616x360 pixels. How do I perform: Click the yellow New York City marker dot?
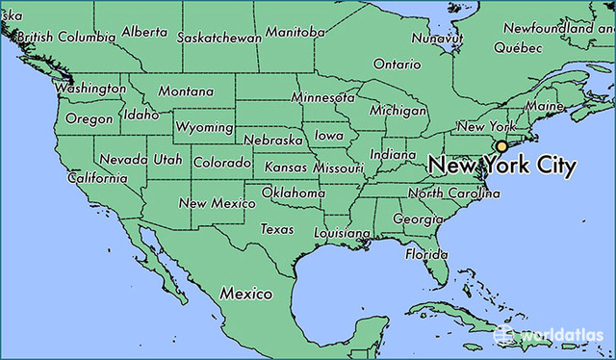click(500, 146)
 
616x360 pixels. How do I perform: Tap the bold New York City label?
click(501, 166)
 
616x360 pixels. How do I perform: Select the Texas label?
click(277, 229)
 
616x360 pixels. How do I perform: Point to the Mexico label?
click(245, 293)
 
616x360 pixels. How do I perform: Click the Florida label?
click(426, 254)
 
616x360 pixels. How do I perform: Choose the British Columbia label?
click(60, 37)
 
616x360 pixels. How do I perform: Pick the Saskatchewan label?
click(219, 38)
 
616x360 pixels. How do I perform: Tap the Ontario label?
click(397, 64)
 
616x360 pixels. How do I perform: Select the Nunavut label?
click(431, 39)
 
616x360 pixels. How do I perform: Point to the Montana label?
click(186, 90)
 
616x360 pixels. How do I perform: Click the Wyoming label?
click(205, 127)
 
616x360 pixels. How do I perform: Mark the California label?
click(96, 178)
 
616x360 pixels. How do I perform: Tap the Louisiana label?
click(343, 234)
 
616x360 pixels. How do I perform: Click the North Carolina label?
click(453, 193)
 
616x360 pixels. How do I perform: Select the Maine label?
click(545, 105)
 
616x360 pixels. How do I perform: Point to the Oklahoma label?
click(293, 193)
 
